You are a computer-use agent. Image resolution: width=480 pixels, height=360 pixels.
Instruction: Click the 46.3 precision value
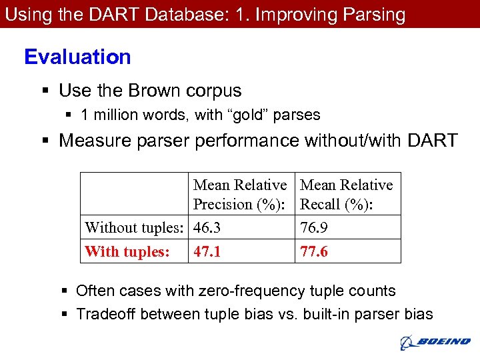[207, 228]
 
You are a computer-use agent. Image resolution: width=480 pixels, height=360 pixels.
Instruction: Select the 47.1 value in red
[207, 252]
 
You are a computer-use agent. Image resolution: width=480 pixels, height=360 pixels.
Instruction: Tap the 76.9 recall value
[314, 228]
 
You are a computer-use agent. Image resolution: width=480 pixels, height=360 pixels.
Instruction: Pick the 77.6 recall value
[314, 252]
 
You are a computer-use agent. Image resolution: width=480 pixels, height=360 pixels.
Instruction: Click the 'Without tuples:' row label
[133, 228]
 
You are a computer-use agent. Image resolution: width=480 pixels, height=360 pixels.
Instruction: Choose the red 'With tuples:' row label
[127, 252]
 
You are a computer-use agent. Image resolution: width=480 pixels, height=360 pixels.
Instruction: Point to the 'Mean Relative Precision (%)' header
[240, 195]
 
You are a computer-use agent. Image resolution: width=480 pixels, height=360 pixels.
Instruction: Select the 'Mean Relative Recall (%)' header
[347, 195]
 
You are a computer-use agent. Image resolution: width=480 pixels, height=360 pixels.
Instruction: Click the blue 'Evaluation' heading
[77, 57]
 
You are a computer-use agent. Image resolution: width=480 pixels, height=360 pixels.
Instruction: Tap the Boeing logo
[435, 343]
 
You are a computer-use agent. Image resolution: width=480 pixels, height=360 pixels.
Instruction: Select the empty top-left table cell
[134, 194]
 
